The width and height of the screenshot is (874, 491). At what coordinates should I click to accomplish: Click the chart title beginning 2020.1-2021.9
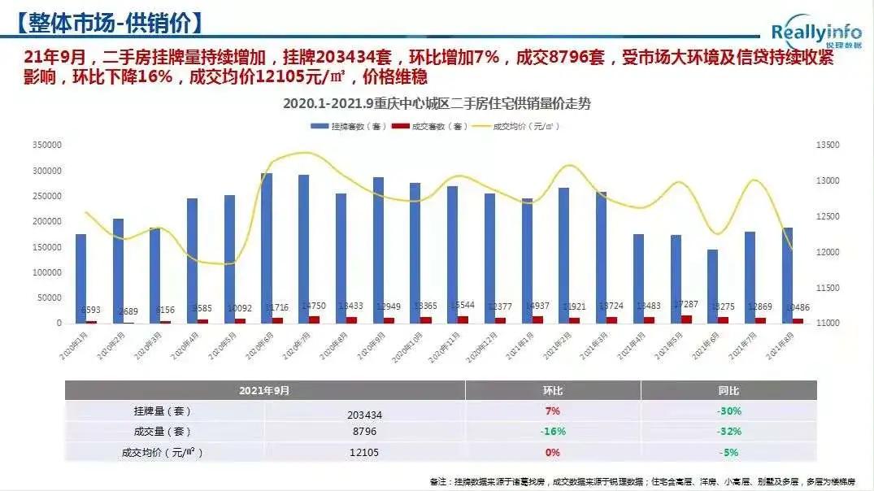point(437,104)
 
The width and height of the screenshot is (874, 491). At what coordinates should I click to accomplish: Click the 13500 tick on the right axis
point(827,146)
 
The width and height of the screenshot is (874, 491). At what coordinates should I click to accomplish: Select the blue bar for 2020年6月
point(267,247)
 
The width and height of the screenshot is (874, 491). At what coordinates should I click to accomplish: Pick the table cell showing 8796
point(364,432)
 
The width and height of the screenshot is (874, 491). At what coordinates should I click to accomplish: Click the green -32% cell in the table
point(730,432)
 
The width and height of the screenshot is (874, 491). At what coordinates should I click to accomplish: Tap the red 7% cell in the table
point(553,411)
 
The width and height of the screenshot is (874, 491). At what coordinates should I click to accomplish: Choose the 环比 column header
point(553,391)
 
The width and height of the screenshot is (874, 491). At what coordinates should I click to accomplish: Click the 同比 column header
point(730,391)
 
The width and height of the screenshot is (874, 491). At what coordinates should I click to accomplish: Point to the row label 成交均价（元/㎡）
point(163,452)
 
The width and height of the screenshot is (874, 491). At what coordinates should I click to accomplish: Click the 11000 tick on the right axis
point(827,323)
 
